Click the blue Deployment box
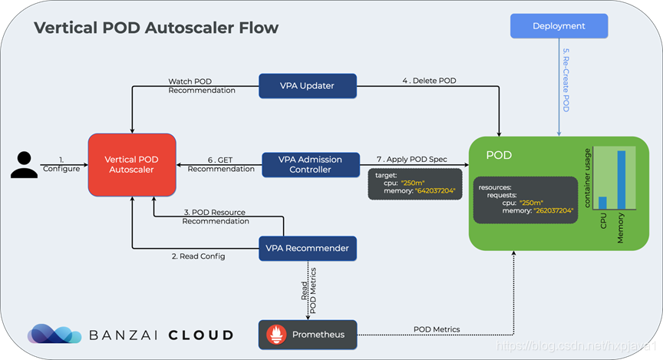559,26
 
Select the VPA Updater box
308,86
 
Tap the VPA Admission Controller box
311,164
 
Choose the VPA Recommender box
308,249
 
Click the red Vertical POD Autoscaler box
132,164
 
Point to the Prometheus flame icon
276,335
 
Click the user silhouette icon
24,164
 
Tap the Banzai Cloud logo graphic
54,334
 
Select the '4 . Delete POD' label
429,81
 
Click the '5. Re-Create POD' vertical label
566,80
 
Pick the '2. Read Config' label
198,256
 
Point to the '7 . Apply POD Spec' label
412,159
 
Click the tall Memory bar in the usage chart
621,180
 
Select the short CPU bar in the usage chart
602,203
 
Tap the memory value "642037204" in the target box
435,191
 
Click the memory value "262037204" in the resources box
553,210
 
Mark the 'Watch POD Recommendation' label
202,85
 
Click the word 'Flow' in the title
259,28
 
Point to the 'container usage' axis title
587,177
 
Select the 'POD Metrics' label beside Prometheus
437,329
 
